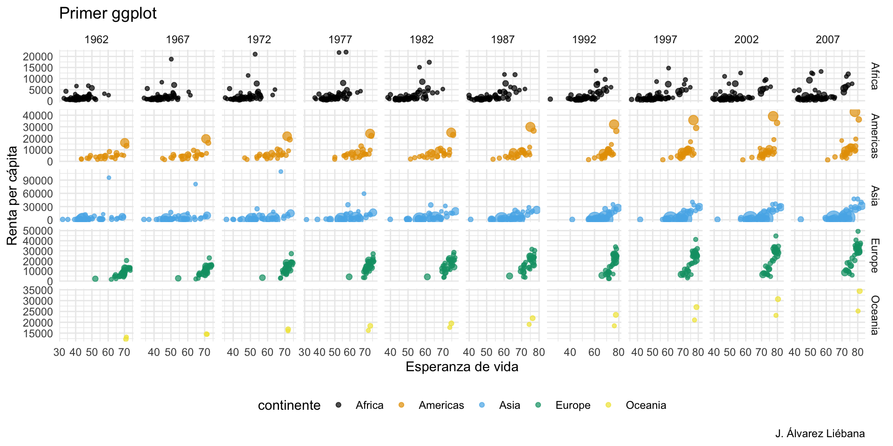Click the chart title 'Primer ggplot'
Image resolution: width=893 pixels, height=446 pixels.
108,13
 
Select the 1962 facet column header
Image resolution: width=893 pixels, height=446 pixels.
96,39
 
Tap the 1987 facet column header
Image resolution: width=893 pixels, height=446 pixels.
503,39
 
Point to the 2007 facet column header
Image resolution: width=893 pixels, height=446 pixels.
827,39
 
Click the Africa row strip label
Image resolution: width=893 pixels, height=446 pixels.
874,76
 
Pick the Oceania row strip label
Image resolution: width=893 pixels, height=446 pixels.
874,315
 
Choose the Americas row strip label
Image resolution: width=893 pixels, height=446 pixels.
874,136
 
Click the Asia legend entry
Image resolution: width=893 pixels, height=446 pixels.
509,406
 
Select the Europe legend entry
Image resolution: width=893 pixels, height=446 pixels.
573,406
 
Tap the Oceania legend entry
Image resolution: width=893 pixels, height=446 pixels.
646,406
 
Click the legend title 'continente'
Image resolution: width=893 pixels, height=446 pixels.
289,406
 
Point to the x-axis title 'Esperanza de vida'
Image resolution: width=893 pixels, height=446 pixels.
462,367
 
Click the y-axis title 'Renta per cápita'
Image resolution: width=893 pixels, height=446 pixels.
13,195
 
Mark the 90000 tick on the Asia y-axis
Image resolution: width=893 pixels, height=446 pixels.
38,180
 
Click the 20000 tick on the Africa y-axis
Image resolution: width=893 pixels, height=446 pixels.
38,57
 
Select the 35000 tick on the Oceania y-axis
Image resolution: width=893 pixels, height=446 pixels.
38,290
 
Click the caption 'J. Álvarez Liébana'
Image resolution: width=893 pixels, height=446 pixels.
820,434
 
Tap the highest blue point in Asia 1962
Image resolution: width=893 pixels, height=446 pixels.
109,177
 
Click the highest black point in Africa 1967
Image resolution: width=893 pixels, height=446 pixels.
171,59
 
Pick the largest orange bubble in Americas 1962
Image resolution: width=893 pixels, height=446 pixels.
125,143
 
